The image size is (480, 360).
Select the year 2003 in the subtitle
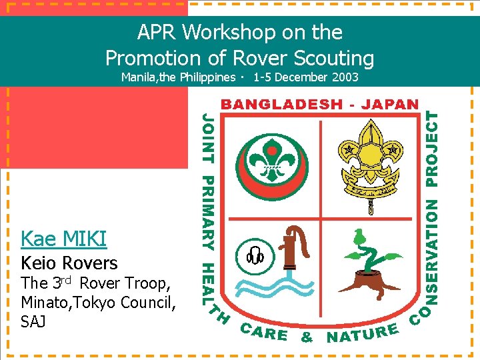point(343,77)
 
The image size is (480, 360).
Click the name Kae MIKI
point(64,238)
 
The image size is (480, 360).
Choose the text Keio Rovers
point(69,263)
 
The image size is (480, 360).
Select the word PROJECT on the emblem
point(433,149)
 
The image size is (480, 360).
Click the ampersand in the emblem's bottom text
point(307,337)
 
